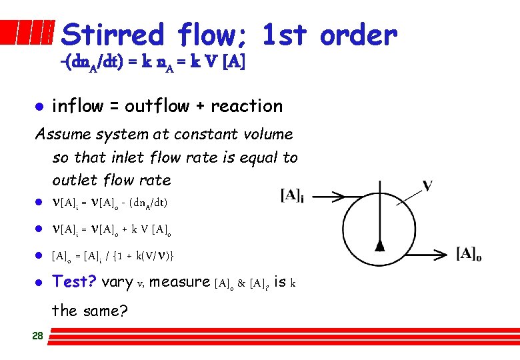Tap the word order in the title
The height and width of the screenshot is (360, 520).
pos(358,35)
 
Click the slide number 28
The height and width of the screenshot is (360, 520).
pos(37,336)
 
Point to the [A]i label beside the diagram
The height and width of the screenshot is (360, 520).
pos(292,195)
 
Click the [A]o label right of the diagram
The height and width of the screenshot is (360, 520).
pos(469,254)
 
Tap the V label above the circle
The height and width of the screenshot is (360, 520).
pos(428,185)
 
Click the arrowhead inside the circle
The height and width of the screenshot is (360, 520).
pos(379,246)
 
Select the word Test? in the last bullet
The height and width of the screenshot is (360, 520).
pos(74,281)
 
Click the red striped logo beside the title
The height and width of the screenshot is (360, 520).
pos(27,33)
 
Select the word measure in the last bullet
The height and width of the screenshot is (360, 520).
pos(179,282)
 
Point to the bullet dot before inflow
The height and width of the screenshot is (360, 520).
pos(39,107)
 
